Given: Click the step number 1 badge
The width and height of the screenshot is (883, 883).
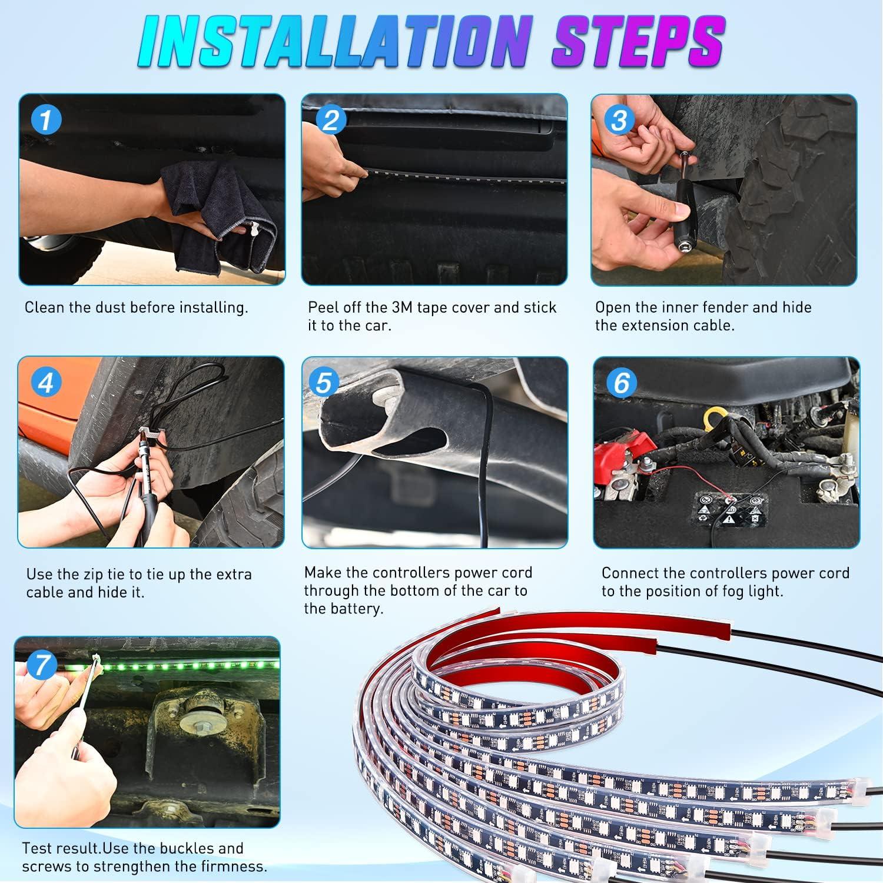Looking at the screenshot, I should pyautogui.click(x=45, y=121).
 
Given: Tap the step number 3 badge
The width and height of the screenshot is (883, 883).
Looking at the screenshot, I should pyautogui.click(x=619, y=121).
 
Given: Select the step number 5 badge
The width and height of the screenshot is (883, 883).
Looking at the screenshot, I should pyautogui.click(x=323, y=383).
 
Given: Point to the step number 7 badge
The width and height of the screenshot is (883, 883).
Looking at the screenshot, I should pyautogui.click(x=42, y=665).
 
